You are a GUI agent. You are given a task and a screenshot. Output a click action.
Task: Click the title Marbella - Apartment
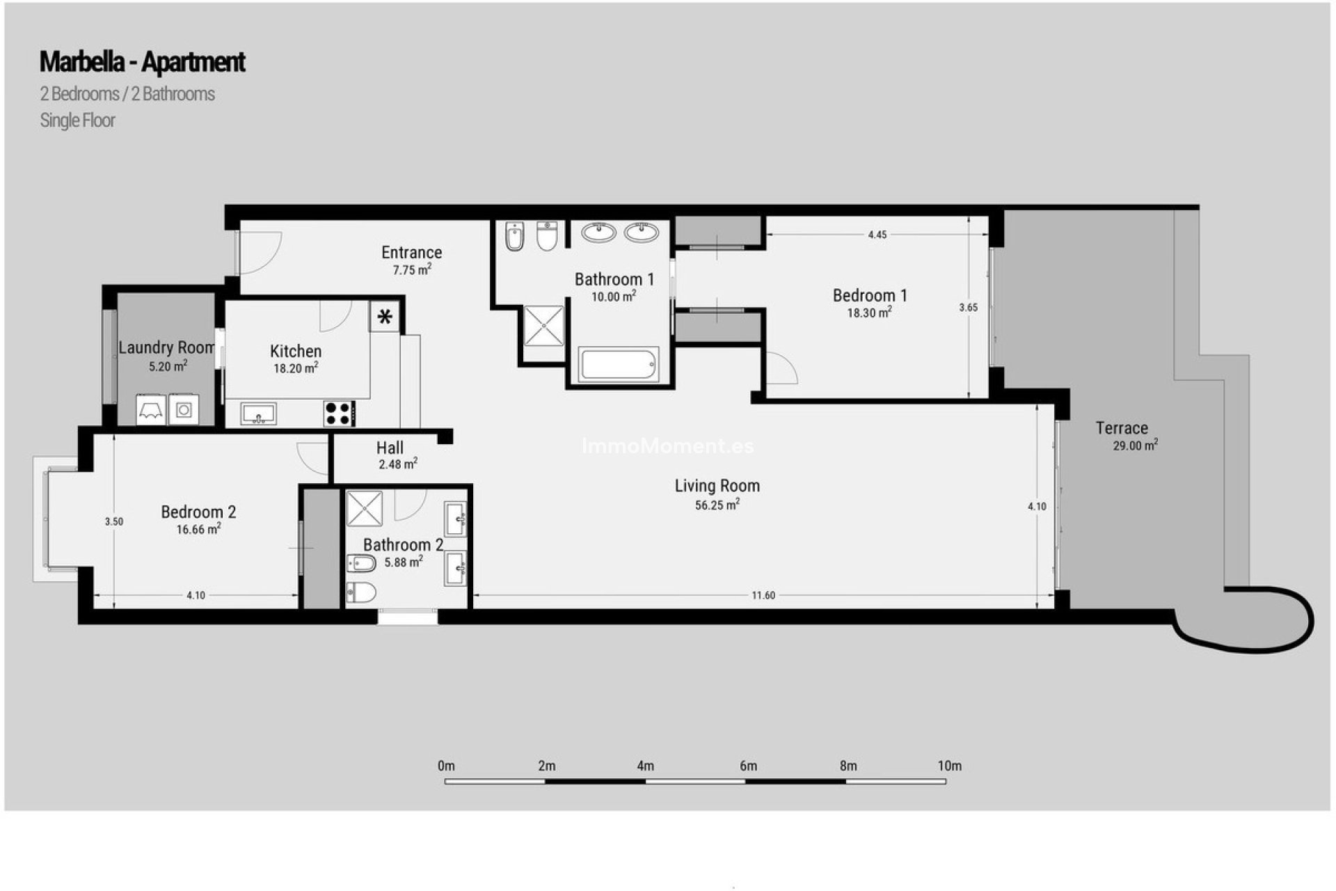[x=142, y=62]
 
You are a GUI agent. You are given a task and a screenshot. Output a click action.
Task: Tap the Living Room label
[x=717, y=486]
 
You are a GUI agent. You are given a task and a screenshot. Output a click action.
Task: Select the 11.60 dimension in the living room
[x=763, y=595]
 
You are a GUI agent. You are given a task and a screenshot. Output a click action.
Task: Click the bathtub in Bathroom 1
[x=619, y=365]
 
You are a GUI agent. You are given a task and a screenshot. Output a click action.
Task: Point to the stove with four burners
[x=339, y=413]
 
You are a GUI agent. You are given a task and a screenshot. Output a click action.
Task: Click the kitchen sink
[x=259, y=413]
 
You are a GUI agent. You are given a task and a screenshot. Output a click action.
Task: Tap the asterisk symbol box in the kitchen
[x=385, y=317]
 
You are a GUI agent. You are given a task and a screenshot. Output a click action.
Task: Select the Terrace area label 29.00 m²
[x=1135, y=445]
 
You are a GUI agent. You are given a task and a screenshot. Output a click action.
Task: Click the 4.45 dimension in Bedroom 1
[x=877, y=235]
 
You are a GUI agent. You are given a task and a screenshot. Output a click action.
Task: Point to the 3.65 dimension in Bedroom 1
[x=968, y=307]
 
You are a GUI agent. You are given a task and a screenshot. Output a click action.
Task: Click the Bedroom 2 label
[x=198, y=512]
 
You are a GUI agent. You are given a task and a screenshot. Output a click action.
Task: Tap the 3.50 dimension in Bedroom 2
[x=114, y=521]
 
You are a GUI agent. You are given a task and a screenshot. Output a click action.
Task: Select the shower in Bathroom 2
[x=365, y=508]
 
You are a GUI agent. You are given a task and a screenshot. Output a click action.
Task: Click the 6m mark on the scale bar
[x=748, y=766]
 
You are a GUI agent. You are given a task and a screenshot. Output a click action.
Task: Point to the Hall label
[x=390, y=448]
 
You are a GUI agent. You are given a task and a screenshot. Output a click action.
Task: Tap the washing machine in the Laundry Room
[x=184, y=410]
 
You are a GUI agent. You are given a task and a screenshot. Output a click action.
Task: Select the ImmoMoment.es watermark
[x=667, y=445]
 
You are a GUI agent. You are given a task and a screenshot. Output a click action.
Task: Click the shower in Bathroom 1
[x=543, y=326]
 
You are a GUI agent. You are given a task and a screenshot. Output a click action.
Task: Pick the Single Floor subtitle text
[x=77, y=120]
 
